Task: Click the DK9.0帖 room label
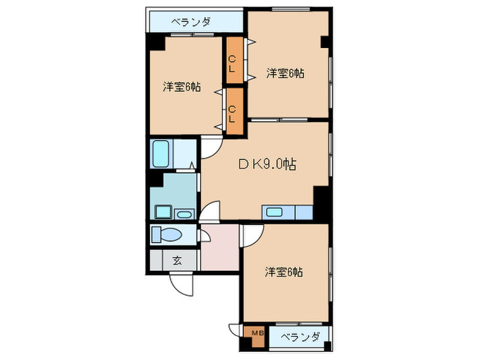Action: tap(267, 165)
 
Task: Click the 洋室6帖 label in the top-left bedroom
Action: tap(182, 87)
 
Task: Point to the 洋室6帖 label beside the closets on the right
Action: tap(285, 73)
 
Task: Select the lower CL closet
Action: tap(233, 110)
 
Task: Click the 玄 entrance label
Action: tap(176, 261)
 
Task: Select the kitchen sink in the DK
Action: tap(276, 212)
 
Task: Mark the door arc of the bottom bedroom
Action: tap(250, 234)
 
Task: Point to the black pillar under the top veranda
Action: tap(157, 40)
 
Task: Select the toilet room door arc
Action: tap(205, 235)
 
